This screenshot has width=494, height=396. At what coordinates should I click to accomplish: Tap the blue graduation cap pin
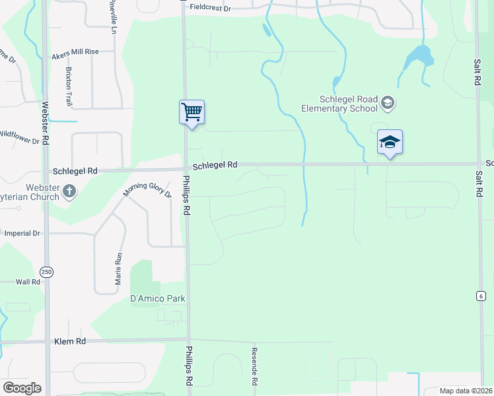click(x=390, y=142)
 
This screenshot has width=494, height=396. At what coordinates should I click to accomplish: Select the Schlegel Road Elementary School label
click(x=339, y=104)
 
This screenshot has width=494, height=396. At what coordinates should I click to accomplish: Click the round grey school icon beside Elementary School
click(x=388, y=102)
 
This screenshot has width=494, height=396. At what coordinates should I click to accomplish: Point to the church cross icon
click(x=69, y=191)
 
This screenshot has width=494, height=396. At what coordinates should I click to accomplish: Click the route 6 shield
click(x=479, y=296)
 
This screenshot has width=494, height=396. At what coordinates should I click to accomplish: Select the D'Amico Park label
click(x=157, y=299)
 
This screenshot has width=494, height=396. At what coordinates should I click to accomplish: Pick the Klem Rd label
click(x=71, y=341)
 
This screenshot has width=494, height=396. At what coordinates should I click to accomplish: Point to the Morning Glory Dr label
click(x=147, y=185)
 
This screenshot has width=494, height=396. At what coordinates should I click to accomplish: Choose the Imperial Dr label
click(x=22, y=234)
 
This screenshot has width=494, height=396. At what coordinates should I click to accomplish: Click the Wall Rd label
click(x=28, y=282)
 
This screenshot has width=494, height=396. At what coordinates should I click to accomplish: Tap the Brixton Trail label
click(x=68, y=86)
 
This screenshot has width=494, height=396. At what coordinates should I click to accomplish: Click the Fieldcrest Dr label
click(x=210, y=8)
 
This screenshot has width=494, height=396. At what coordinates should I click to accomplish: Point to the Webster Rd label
click(x=45, y=123)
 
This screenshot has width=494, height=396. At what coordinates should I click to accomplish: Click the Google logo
click(x=22, y=387)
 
